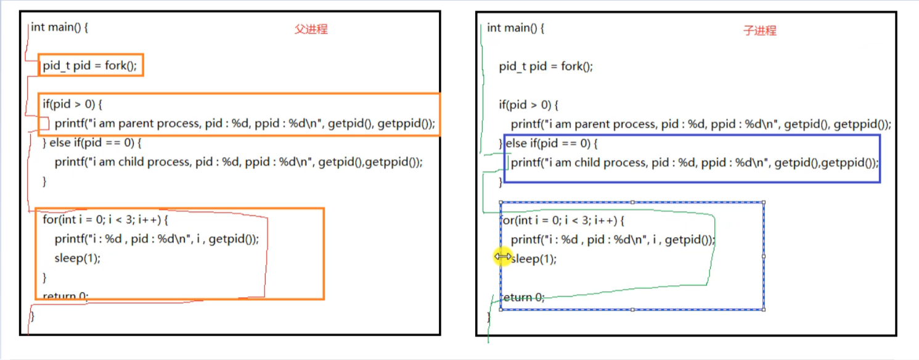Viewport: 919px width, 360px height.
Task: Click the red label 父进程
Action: point(311,30)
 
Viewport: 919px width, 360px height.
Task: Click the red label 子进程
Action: point(759,31)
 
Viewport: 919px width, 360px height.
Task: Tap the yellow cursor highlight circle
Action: point(503,256)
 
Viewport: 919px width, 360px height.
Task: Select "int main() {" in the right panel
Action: point(515,28)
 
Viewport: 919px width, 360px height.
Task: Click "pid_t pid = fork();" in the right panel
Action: point(545,67)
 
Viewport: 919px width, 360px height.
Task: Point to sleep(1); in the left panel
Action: point(77,258)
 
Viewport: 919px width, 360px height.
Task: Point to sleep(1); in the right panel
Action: point(534,259)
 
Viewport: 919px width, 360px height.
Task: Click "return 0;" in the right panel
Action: point(523,297)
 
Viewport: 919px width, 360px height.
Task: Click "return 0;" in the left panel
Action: point(65,296)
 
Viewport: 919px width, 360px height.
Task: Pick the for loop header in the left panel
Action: point(105,219)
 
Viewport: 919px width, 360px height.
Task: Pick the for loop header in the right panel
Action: point(562,220)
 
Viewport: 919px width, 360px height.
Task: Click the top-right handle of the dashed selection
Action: point(764,202)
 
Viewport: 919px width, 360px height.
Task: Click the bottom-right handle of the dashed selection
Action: point(764,309)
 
